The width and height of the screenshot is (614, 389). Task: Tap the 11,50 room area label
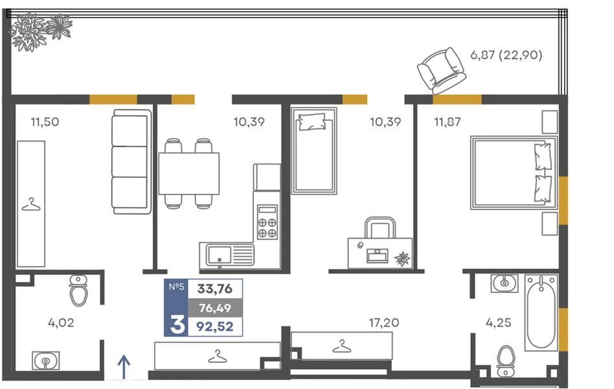(45, 122)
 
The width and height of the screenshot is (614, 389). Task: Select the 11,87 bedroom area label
(448, 122)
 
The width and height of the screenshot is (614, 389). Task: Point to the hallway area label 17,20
(383, 323)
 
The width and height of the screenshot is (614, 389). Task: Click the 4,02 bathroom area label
(61, 323)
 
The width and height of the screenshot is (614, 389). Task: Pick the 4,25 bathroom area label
(499, 323)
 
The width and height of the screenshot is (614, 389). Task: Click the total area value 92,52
(215, 327)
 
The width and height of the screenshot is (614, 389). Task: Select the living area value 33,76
(215, 289)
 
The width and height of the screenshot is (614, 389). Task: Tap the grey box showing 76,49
(215, 308)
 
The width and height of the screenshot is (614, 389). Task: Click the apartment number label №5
(176, 287)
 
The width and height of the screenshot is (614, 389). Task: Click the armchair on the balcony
(441, 71)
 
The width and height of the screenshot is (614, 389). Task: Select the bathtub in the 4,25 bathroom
(541, 312)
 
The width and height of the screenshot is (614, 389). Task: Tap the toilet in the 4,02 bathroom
(78, 290)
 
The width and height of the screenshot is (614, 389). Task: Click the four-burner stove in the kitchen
(267, 222)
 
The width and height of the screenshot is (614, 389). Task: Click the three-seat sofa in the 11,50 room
(131, 161)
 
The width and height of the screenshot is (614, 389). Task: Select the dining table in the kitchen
(188, 173)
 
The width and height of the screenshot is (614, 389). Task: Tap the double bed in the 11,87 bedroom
(514, 172)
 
